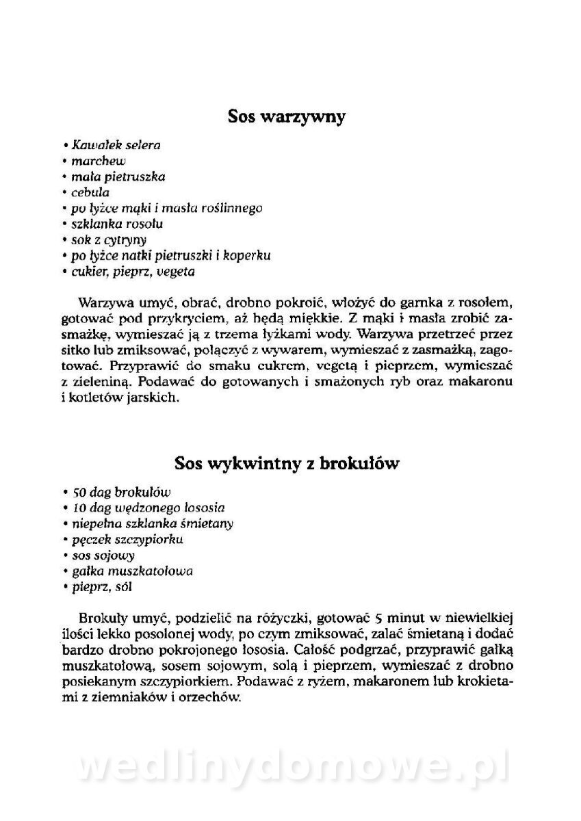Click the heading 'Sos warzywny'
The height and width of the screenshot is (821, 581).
pyautogui.click(x=287, y=117)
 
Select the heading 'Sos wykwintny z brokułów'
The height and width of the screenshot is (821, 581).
pyautogui.click(x=287, y=463)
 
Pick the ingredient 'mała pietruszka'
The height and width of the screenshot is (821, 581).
pyautogui.click(x=118, y=177)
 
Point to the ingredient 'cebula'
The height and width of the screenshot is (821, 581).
pyautogui.click(x=90, y=192)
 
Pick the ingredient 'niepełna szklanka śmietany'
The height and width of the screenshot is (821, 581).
pyautogui.click(x=152, y=523)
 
